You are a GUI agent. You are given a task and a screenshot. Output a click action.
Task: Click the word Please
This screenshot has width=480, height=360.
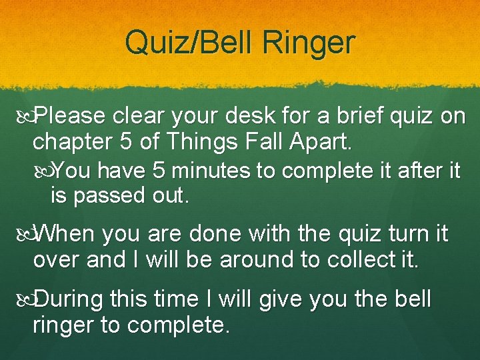[x=70, y=117]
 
